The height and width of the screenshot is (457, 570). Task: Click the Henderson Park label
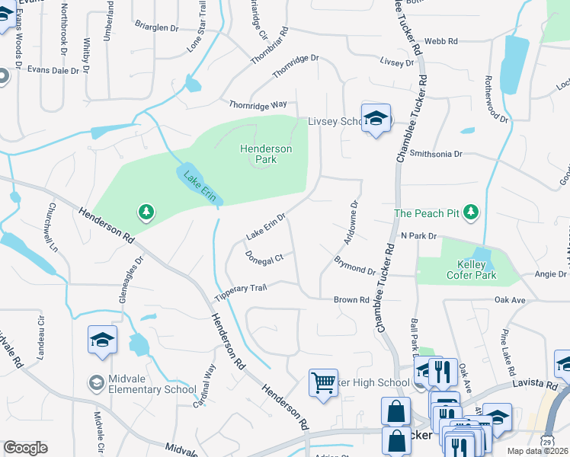point(265,155)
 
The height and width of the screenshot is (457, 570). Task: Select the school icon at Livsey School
point(376,118)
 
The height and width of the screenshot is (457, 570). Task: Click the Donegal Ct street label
point(264,257)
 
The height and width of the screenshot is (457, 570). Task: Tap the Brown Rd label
point(351,300)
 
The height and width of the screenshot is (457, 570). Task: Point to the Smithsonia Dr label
point(436,154)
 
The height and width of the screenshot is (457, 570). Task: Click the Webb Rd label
point(441,41)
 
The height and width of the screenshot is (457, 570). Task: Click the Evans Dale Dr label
point(53,70)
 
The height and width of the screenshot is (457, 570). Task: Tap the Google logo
point(25,448)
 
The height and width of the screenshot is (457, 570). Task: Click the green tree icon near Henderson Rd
point(145,210)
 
